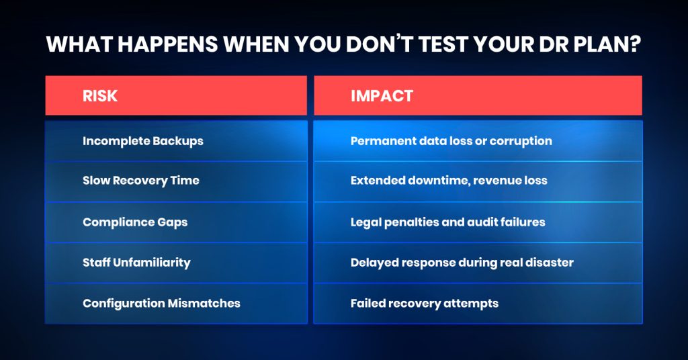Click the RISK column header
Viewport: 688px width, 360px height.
[x=176, y=95]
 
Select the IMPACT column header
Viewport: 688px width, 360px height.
[x=478, y=95]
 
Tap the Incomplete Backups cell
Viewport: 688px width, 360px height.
[x=176, y=141]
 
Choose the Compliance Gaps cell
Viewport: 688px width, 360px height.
[x=176, y=222]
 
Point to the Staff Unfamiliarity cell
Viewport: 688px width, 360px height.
[x=176, y=263]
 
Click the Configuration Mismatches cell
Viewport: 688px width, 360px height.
[x=176, y=304]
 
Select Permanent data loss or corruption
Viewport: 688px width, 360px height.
[x=451, y=141]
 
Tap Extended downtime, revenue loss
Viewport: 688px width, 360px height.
[x=449, y=181]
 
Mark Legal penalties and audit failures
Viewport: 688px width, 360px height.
[x=448, y=222]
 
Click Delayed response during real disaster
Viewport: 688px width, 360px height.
[x=462, y=263]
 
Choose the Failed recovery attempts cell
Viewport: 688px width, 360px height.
[x=478, y=304]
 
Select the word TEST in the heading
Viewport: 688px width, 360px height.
[x=445, y=44]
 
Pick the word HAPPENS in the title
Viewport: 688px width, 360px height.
[x=167, y=44]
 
